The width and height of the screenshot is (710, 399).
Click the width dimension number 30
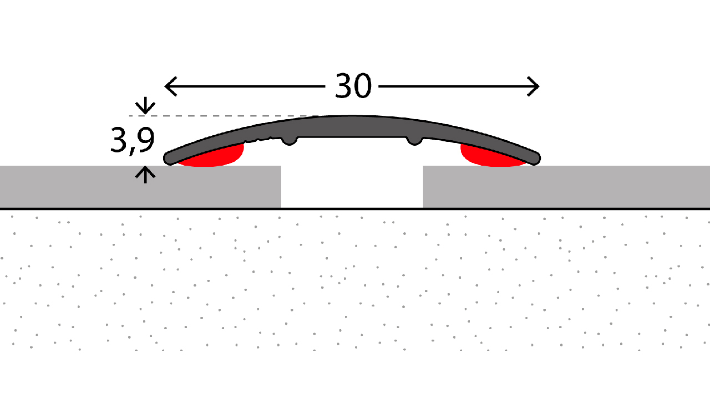(353, 86)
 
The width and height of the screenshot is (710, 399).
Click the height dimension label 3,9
(132, 141)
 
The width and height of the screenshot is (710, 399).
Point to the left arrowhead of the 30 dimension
(170, 86)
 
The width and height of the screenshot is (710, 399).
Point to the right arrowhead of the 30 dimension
(534, 86)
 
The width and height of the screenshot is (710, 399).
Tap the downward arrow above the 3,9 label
(145, 105)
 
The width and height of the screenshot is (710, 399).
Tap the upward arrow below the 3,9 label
(145, 175)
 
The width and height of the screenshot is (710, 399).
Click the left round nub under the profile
(290, 141)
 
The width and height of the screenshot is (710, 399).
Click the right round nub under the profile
(414, 141)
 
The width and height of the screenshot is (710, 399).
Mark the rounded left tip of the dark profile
(170, 158)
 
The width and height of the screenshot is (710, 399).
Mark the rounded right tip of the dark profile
(534, 158)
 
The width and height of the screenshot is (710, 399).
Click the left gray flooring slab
(140, 187)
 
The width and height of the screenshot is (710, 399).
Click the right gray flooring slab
(566, 187)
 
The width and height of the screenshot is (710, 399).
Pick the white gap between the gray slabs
(352, 187)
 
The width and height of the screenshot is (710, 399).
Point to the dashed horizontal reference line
(224, 116)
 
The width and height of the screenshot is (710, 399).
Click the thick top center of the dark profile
(352, 126)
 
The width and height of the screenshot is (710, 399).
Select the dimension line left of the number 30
(245, 86)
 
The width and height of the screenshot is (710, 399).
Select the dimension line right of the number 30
(459, 86)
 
